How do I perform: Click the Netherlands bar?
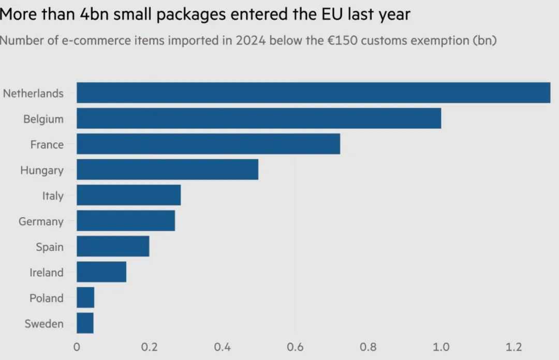(313, 93)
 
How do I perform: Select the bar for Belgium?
(259, 118)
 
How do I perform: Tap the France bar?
(208, 144)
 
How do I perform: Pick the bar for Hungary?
(167, 170)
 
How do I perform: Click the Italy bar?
(128, 196)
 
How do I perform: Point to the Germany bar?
(126, 221)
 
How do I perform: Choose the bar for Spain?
(113, 247)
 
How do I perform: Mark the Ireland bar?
(101, 272)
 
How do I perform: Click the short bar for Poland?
(85, 298)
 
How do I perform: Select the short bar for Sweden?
(85, 323)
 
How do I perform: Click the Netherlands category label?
(33, 94)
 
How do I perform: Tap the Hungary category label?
(42, 170)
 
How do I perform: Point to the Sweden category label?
(44, 324)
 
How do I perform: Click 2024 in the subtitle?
(251, 41)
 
